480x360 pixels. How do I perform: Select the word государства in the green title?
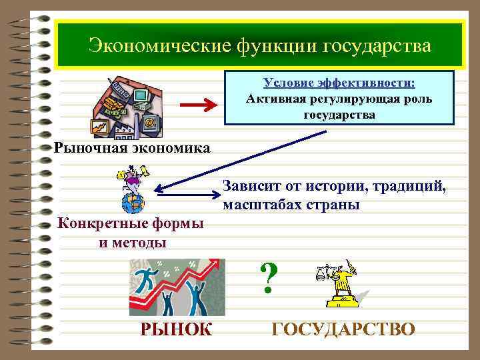377,46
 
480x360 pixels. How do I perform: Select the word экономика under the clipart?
169,147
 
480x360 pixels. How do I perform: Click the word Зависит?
253,186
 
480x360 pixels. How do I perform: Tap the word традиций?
407,186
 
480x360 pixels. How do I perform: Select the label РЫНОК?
176,329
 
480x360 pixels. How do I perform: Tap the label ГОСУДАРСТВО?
344,329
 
